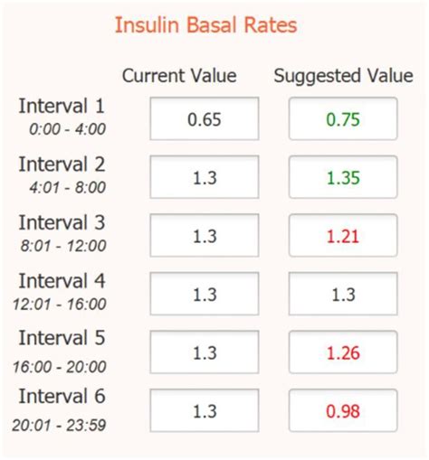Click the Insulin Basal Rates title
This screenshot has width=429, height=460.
[x=205, y=24]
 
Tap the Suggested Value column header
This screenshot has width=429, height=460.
[x=342, y=75]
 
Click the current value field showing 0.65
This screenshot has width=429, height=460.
[x=205, y=118]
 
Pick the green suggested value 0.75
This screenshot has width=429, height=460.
[x=343, y=118]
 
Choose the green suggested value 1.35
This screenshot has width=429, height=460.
[x=343, y=177]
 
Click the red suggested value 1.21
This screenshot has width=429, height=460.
[x=343, y=236]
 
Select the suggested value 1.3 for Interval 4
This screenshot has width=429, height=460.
[x=343, y=294]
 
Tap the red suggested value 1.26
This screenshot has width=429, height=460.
[x=343, y=352]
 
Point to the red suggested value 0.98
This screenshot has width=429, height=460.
[x=343, y=411]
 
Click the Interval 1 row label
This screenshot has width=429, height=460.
[x=62, y=107]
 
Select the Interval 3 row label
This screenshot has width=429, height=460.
[x=62, y=223]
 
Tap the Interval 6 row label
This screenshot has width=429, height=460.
[x=62, y=398]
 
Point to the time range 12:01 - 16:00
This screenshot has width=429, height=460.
[x=62, y=304]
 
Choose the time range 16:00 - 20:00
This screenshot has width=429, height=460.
[x=62, y=366]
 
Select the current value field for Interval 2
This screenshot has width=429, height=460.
[x=205, y=177]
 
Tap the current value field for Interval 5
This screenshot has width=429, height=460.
[x=205, y=352]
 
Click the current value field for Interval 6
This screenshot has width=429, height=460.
[x=205, y=411]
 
